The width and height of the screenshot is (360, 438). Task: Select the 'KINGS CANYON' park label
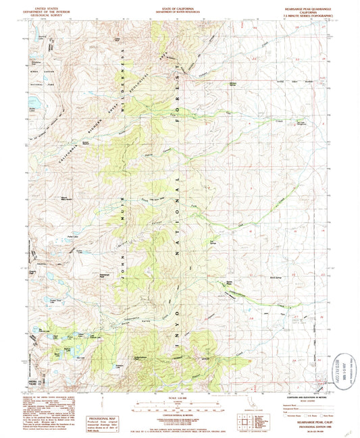(x=39, y=67)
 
